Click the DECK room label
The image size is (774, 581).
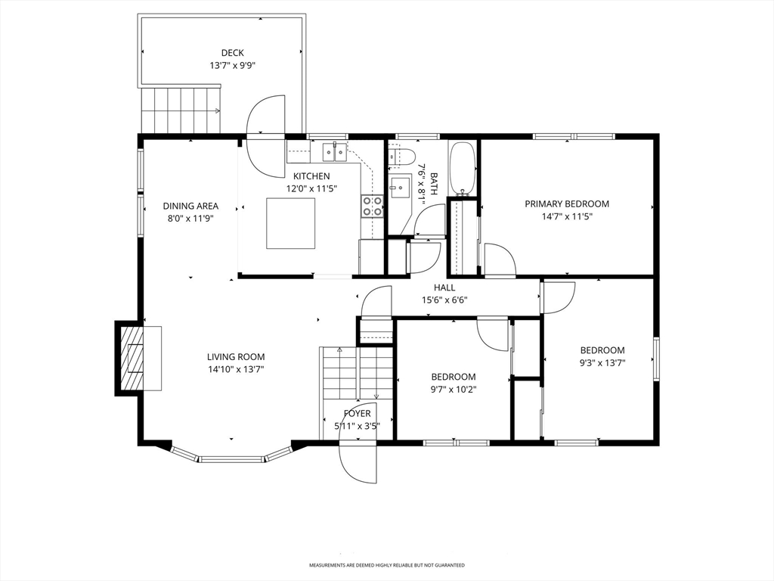tap(232, 53)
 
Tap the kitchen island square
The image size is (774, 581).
tap(291, 223)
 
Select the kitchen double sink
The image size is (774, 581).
tap(335, 151)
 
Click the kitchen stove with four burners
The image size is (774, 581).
tap(373, 206)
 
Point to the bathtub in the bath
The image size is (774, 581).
tap(463, 169)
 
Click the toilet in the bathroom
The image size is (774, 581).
tap(401, 156)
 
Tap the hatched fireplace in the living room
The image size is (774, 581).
tap(135, 358)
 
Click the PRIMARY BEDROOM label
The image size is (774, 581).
tap(567, 204)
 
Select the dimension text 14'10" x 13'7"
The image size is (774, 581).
tap(236, 369)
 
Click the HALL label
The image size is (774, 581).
tap(444, 287)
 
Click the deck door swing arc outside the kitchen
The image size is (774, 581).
tap(265, 115)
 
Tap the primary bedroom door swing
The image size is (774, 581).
tap(500, 259)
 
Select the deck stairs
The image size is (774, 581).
tap(181, 110)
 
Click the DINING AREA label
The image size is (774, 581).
tap(190, 206)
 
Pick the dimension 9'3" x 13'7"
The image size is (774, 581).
tap(602, 363)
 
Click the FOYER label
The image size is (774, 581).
tap(357, 414)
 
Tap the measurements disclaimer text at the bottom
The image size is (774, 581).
tap(386, 564)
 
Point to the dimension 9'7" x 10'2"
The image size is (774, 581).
tap(454, 390)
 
